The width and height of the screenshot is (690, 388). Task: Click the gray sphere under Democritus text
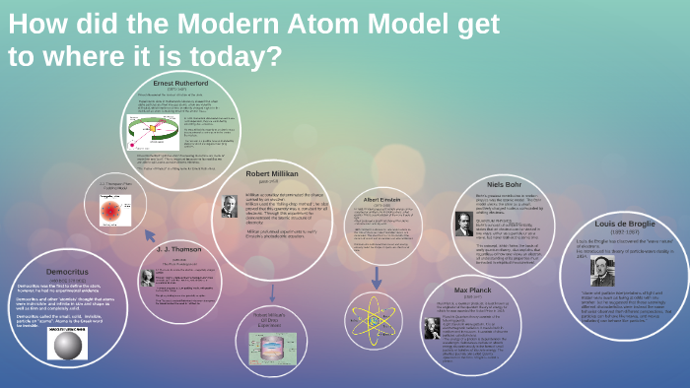[x=68, y=346]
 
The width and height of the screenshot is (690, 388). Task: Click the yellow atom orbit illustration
[x=374, y=320]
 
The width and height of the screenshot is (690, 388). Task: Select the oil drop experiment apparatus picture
[x=272, y=350]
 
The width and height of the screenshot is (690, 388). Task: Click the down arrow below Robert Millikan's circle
[x=272, y=293]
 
